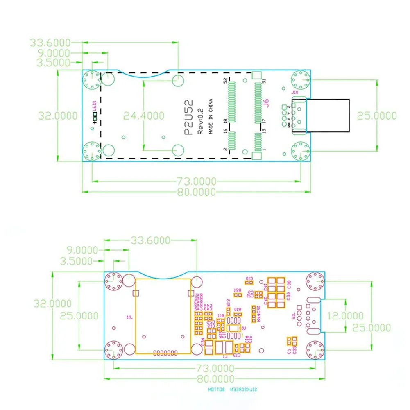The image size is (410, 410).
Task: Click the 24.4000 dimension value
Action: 144,116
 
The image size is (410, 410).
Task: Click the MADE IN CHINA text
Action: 211,116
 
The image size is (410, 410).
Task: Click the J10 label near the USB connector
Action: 294,93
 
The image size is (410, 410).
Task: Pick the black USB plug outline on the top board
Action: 328,116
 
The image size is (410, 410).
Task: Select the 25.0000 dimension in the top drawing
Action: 377,116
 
